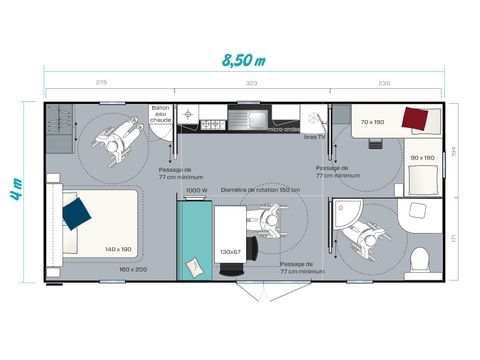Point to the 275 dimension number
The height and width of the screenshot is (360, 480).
pyautogui.click(x=101, y=82)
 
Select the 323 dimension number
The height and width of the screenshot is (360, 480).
pyautogui.click(x=252, y=82)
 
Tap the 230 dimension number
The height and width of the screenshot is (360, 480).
pyautogui.click(x=384, y=82)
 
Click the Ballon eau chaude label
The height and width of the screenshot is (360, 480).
pyautogui.click(x=161, y=113)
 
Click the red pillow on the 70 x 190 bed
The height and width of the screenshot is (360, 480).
pyautogui.click(x=415, y=119)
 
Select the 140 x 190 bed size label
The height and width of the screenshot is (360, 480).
pyautogui.click(x=118, y=249)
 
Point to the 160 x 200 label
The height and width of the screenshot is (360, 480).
pyautogui.click(x=133, y=269)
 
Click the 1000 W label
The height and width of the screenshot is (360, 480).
pyautogui.click(x=196, y=190)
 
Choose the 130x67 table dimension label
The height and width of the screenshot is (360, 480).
pyautogui.click(x=231, y=251)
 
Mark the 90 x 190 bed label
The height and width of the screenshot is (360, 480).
pyautogui.click(x=422, y=158)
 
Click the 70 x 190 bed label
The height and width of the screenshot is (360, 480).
pyautogui.click(x=373, y=122)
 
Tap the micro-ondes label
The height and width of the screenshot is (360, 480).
pyautogui.click(x=285, y=129)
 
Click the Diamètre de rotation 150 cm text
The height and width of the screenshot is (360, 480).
pyautogui.click(x=260, y=190)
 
